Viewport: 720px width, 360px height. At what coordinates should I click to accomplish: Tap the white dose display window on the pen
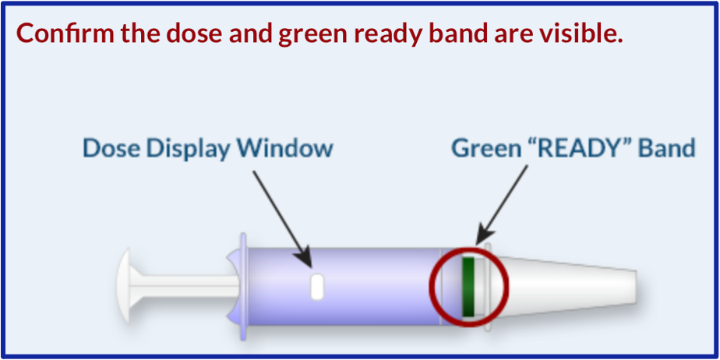(x=317, y=287)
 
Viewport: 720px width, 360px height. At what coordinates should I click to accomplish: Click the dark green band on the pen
(x=468, y=287)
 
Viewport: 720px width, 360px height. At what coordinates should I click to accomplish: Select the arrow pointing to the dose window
(x=282, y=218)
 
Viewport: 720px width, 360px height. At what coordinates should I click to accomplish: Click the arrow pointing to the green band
(x=502, y=205)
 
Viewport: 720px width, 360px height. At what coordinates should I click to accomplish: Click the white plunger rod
(x=185, y=286)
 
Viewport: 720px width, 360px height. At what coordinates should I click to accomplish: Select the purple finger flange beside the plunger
(x=243, y=287)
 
